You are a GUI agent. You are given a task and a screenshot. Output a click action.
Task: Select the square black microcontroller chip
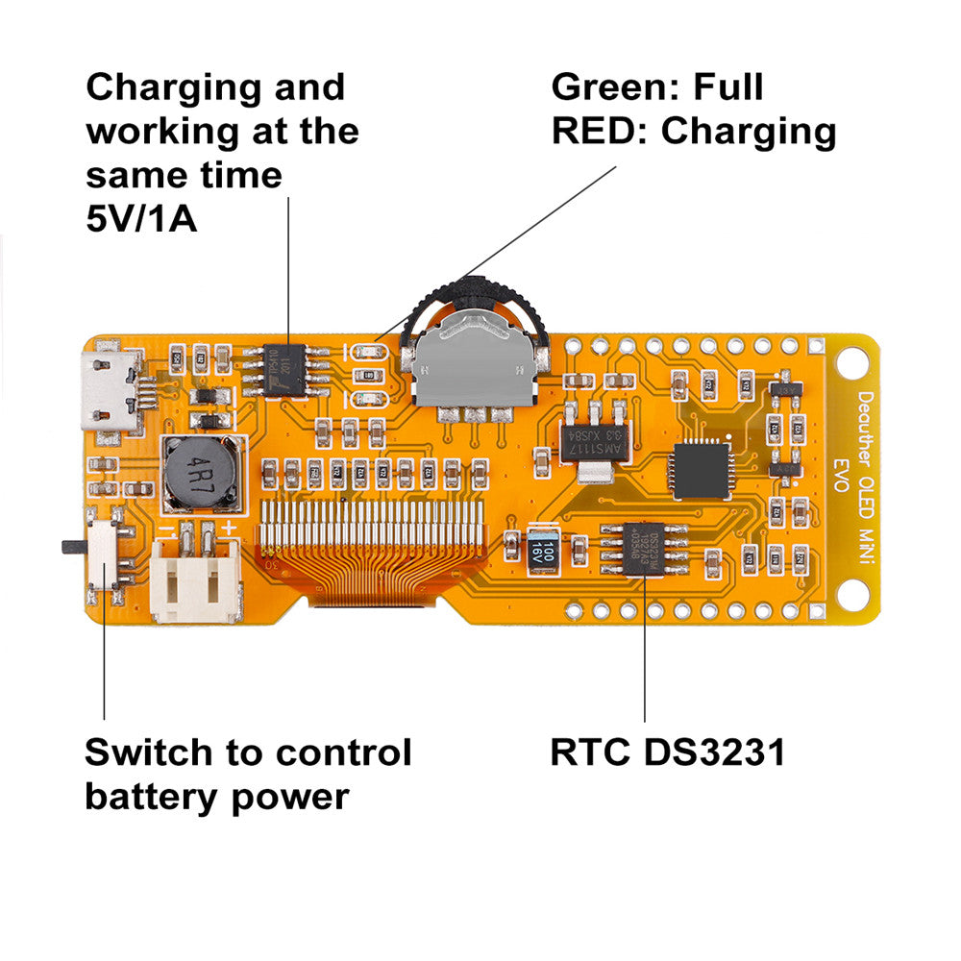pos(702,470)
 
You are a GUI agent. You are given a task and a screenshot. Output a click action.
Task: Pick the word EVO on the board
pos(840,475)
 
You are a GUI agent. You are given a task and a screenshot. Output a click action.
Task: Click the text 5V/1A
pos(141,219)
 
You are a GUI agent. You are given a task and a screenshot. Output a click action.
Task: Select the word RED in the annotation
pos(593,132)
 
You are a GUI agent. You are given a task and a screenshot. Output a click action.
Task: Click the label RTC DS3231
pos(667,752)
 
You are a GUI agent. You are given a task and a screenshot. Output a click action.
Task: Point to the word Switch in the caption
pos(153,752)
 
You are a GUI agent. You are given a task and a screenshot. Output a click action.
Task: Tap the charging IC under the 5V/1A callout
pos(290,369)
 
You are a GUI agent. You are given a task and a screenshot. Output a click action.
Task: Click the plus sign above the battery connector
pos(230,530)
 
